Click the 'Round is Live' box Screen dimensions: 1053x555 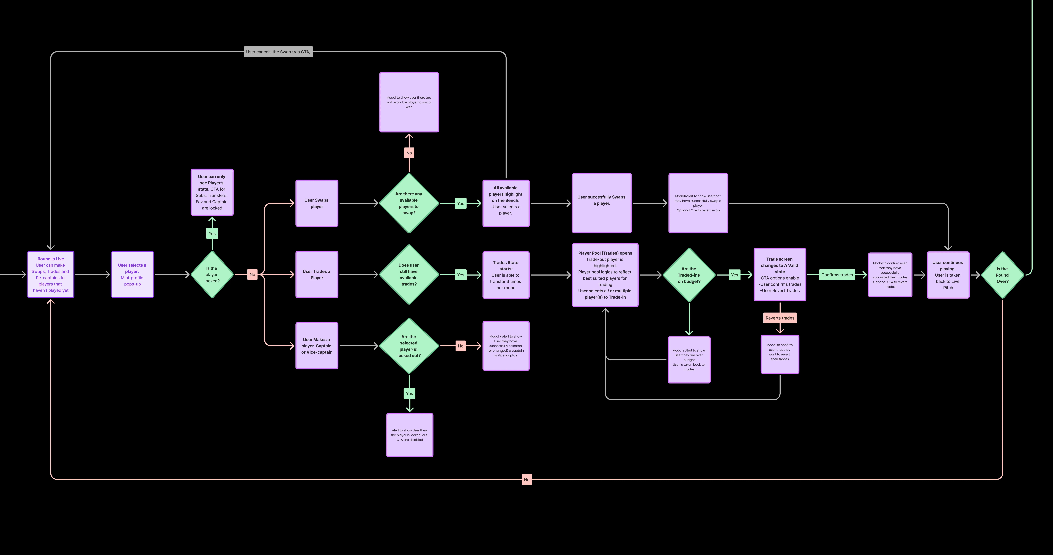51,274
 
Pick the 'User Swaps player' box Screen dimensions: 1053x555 317,203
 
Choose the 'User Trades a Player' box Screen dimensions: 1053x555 317,274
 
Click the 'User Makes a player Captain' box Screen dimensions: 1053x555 317,346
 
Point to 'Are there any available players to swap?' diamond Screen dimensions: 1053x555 409,203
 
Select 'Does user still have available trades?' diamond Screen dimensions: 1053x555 409,274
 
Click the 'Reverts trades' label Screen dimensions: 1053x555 780,318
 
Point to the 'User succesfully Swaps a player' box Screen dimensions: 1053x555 602,203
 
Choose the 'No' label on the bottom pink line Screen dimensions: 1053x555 526,479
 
